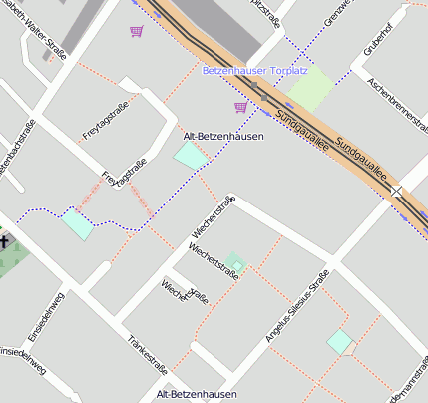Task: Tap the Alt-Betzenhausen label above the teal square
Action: pos(223,136)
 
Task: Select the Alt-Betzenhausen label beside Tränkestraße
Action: pos(196,396)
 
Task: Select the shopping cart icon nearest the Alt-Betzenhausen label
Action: pos(240,106)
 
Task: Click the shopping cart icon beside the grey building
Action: pos(136,31)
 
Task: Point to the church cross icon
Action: pos(4,241)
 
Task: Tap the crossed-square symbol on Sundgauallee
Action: pos(398,191)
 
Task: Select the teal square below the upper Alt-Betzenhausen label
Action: pos(191,156)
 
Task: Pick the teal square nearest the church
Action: pos(77,223)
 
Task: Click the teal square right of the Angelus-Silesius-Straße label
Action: pos(340,341)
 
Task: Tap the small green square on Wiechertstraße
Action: pos(234,263)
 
